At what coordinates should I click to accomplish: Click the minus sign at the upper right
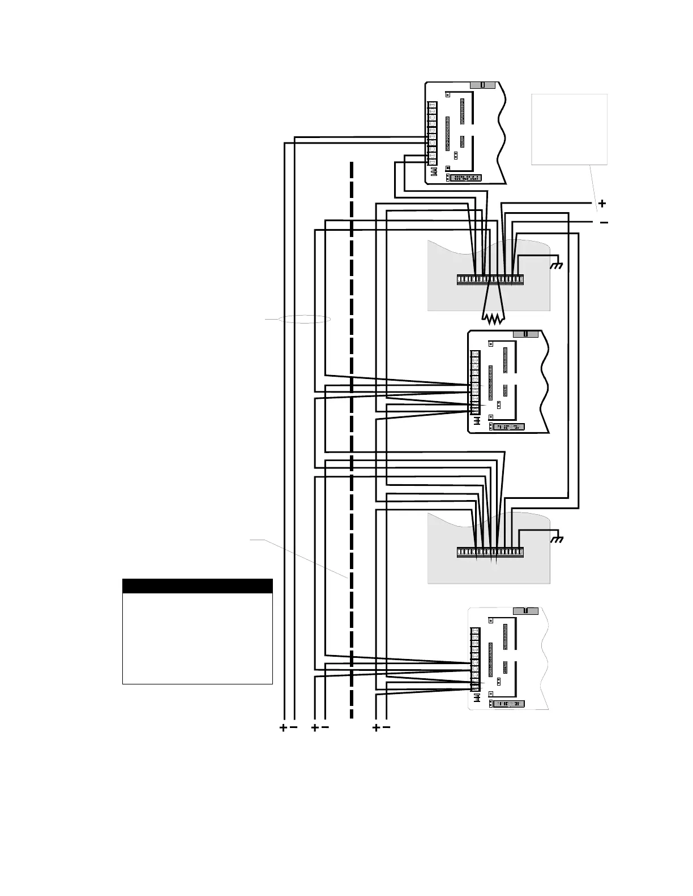tap(604, 223)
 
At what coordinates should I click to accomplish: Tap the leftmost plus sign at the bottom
tap(283, 728)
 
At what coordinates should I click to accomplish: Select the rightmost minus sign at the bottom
tap(387, 728)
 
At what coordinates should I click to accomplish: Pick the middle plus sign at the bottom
tap(315, 728)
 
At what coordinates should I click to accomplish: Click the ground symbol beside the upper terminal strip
tap(558, 265)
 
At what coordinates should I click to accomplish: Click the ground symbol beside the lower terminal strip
tap(558, 539)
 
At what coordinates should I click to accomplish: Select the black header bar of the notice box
tap(198, 586)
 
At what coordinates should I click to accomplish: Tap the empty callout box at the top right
tap(569, 130)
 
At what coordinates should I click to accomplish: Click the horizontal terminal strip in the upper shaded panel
tap(490, 279)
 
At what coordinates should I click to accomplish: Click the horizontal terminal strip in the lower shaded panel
tap(490, 552)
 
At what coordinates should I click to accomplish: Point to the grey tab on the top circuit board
tap(482, 85)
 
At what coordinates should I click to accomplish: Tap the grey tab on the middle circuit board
tap(525, 334)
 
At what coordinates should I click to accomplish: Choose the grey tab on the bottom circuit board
tap(525, 611)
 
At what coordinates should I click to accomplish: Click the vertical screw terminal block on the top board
tap(432, 133)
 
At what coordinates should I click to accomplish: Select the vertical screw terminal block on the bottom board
tap(475, 659)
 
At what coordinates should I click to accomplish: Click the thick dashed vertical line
tap(352, 441)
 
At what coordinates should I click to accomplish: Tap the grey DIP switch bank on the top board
tap(465, 178)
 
